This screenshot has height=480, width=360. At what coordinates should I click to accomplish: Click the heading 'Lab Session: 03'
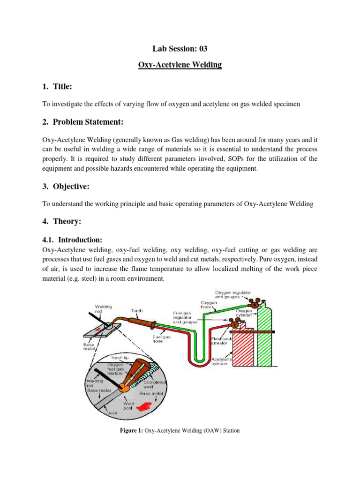(x=180, y=48)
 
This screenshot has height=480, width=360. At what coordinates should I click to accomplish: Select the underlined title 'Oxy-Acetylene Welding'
(x=180, y=65)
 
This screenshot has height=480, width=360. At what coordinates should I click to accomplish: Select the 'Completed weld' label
(x=155, y=385)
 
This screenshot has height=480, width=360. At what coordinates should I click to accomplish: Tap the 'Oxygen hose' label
(x=208, y=305)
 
